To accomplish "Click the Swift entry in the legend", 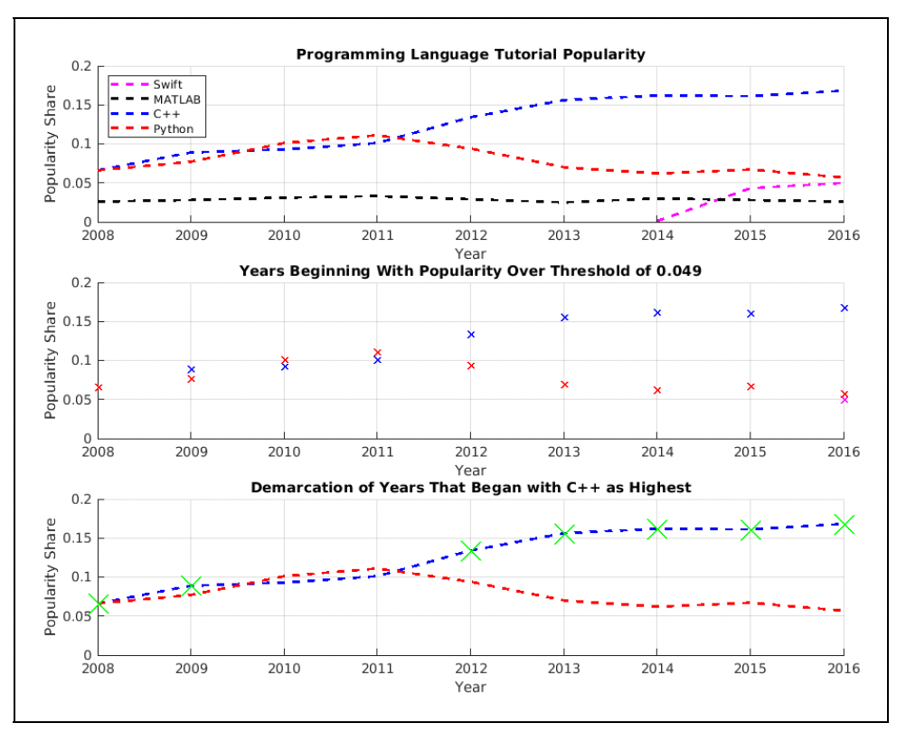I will click(167, 84).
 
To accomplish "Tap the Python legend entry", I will click(172, 129).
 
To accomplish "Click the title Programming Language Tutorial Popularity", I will click(470, 54).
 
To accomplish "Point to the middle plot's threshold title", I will click(470, 271).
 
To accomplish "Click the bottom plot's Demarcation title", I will click(470, 488).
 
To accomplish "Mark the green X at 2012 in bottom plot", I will click(470, 550).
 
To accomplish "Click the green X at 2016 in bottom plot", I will click(844, 525).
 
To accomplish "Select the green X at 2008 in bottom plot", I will click(98, 604).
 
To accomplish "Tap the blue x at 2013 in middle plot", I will click(564, 318).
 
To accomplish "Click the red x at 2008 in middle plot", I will click(98, 387).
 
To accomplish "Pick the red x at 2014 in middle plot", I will click(657, 390).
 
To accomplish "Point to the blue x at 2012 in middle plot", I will click(470, 334).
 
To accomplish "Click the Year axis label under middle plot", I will click(470, 470).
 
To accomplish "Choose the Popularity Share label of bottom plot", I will click(52, 576).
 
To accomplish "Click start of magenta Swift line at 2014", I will click(658, 220).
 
